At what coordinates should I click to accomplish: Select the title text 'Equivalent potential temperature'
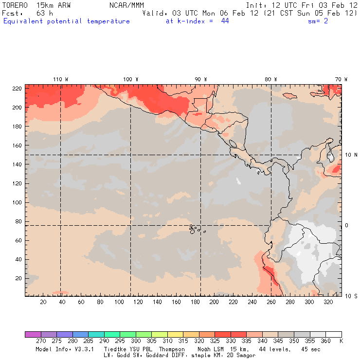tap(67, 21)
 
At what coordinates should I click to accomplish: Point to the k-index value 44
tap(225, 21)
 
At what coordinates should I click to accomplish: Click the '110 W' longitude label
tap(60, 79)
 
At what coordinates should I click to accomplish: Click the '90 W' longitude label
tap(200, 79)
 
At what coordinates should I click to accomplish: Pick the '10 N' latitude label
tap(351, 155)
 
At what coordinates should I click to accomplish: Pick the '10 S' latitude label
tap(351, 296)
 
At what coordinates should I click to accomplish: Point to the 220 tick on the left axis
tap(17, 88)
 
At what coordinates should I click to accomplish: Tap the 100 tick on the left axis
tap(17, 202)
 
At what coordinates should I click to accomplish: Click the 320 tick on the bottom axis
tap(328, 302)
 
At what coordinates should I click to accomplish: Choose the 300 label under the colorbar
tap(136, 341)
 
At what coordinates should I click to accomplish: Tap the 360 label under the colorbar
tap(325, 341)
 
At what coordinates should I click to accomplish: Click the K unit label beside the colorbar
tap(341, 341)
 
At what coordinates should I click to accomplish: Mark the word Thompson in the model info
tap(170, 349)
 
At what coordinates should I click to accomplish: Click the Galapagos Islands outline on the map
tap(195, 228)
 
